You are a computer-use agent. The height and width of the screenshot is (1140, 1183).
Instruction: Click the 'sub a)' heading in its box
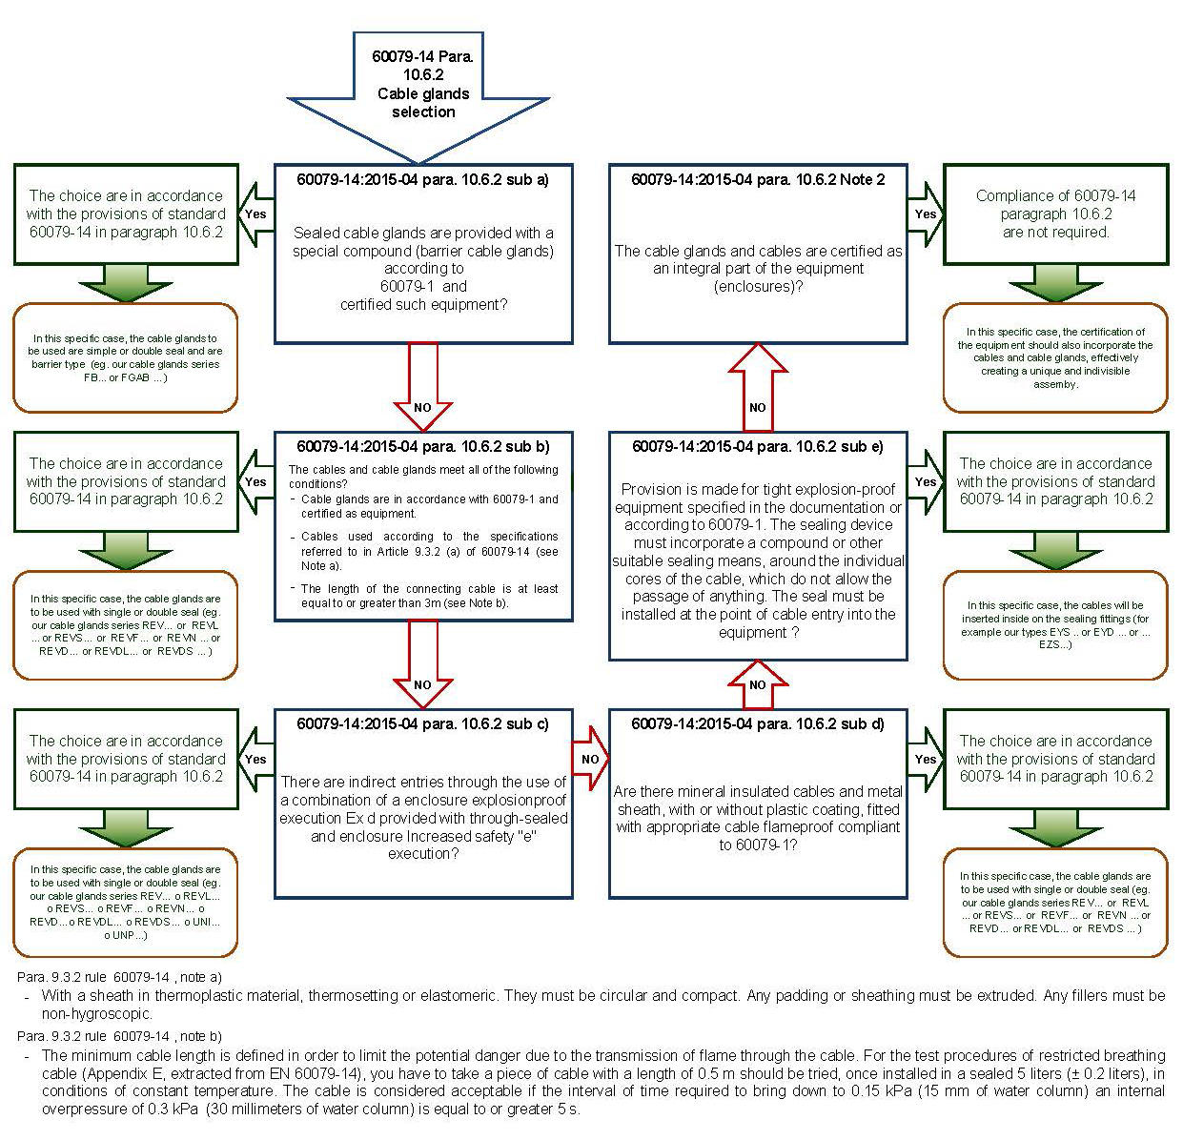pos(423,178)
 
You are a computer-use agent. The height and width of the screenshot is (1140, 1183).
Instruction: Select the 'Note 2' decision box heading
pos(758,178)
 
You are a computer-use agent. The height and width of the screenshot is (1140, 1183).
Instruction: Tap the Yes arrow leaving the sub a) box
pos(255,214)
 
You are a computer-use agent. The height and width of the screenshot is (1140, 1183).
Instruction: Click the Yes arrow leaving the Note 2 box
pos(926,214)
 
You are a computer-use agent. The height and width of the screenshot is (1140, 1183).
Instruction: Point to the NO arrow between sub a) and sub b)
pos(422,391)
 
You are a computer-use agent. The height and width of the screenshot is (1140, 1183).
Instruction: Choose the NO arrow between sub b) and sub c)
pos(422,667)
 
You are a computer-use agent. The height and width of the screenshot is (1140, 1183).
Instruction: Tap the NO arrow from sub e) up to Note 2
pos(758,391)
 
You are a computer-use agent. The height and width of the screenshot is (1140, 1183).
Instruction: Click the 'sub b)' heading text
pos(423,446)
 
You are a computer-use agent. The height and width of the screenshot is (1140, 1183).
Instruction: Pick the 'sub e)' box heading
pos(758,446)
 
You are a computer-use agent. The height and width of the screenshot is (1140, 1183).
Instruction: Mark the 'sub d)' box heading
pos(758,724)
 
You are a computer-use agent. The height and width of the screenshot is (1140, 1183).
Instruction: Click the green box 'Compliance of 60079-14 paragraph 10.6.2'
pos(1055,214)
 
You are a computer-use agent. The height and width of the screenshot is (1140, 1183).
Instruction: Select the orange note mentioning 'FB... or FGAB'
pos(125,357)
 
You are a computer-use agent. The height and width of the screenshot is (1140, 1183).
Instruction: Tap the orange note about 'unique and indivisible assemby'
pos(1055,357)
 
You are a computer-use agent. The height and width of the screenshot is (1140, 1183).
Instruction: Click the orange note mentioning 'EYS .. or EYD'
pos(1055,624)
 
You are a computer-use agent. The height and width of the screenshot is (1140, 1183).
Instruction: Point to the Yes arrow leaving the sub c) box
pos(255,759)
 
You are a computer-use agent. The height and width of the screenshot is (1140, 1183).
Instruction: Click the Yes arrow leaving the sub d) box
pos(926,759)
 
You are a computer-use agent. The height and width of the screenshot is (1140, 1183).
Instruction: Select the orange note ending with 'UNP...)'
pos(125,902)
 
